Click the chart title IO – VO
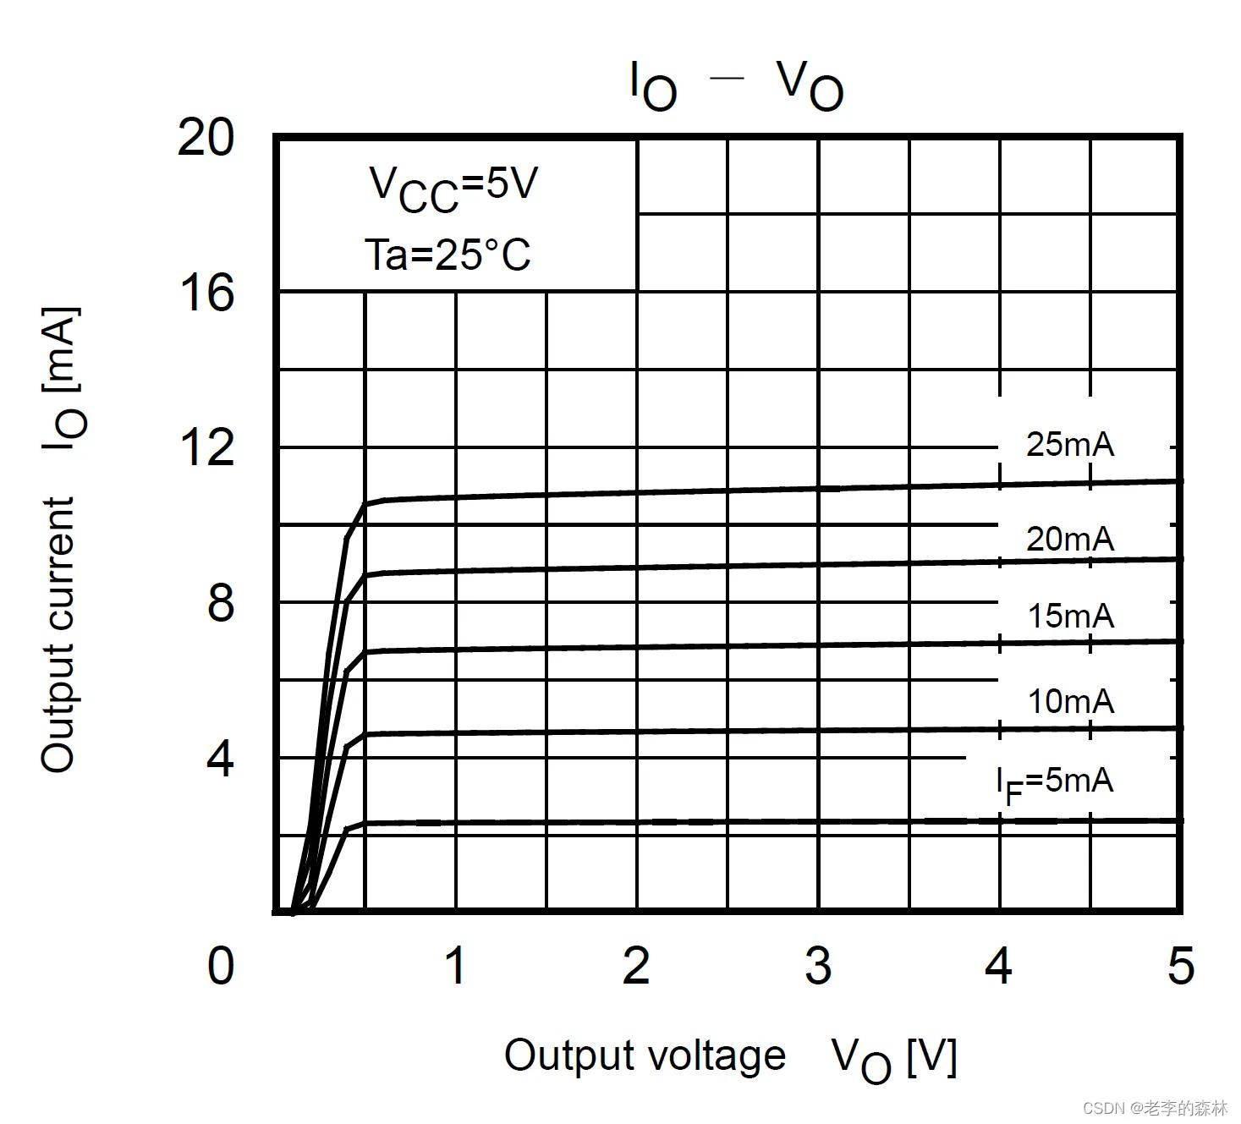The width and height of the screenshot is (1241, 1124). tap(736, 85)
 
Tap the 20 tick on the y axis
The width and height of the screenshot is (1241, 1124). tap(206, 137)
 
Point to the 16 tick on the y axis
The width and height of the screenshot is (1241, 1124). tap(206, 293)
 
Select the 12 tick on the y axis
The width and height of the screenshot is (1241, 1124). tap(206, 447)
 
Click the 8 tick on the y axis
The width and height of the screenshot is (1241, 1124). tap(220, 604)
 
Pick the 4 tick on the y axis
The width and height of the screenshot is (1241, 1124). tap(220, 759)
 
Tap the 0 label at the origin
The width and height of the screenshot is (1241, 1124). tap(220, 965)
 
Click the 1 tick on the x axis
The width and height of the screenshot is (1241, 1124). tap(455, 965)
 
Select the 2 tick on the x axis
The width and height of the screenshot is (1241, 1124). tap(636, 965)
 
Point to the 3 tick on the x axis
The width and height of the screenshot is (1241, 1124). tap(818, 965)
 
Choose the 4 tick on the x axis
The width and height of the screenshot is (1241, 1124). tap(999, 965)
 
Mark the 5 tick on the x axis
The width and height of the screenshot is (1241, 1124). tap(1180, 965)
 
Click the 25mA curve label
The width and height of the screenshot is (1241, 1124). tap(1070, 444)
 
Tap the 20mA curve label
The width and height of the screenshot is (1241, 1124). tap(1070, 539)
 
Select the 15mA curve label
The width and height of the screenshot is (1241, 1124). tap(1070, 617)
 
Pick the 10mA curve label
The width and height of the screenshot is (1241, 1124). tap(1070, 701)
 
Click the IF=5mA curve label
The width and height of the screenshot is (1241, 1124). tap(1054, 782)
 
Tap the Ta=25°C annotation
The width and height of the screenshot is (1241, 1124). tap(448, 254)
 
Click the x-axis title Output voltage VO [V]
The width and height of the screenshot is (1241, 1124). tap(730, 1057)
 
